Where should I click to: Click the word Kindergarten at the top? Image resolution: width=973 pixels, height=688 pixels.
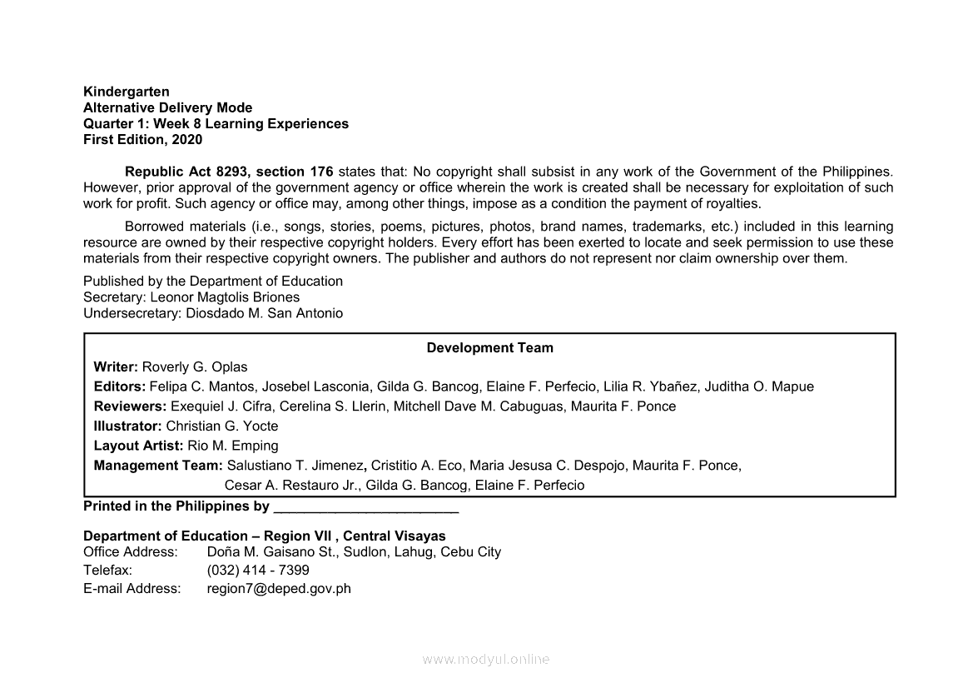pos(127,92)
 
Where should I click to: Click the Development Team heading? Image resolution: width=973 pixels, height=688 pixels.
pos(489,348)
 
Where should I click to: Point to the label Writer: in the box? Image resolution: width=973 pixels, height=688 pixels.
pos(117,367)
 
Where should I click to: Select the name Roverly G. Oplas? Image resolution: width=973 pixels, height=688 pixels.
pos(195,367)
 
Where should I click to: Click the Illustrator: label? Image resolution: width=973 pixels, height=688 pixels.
pos(128,426)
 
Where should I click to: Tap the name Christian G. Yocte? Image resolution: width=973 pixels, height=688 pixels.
pos(222,426)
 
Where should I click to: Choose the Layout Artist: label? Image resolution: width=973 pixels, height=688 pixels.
pos(138,446)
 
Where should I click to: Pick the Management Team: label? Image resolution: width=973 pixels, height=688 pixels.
pos(158,466)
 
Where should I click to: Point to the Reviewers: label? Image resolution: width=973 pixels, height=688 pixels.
pos(130,406)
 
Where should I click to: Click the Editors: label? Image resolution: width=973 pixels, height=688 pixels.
pos(120,386)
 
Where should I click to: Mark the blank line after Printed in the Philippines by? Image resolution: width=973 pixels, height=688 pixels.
pos(365,507)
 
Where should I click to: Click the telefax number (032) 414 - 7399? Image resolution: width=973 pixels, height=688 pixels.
pos(258,571)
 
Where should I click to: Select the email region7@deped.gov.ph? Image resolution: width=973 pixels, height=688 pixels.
pos(279,589)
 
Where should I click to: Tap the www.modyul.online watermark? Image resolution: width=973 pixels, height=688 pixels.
pos(486,659)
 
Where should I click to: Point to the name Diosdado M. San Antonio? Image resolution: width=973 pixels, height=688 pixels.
pos(265,314)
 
